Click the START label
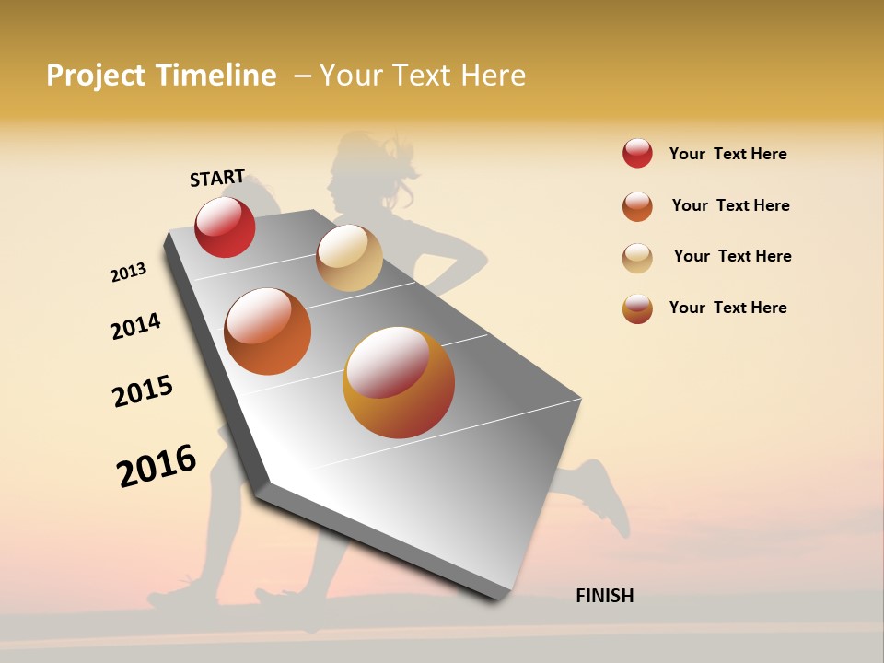(x=217, y=178)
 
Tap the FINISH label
(x=604, y=596)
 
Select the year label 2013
(x=129, y=273)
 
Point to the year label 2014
(x=135, y=326)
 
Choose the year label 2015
(x=143, y=391)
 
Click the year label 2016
(x=157, y=465)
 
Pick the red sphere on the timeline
(x=225, y=227)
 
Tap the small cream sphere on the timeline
(x=349, y=258)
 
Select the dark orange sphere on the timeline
(x=267, y=331)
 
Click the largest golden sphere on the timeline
(x=399, y=382)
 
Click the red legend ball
(x=637, y=154)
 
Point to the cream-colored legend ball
(x=637, y=258)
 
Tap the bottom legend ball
(x=637, y=308)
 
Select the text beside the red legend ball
(x=727, y=155)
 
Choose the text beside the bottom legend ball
(x=727, y=308)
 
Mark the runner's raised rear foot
(x=608, y=497)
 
